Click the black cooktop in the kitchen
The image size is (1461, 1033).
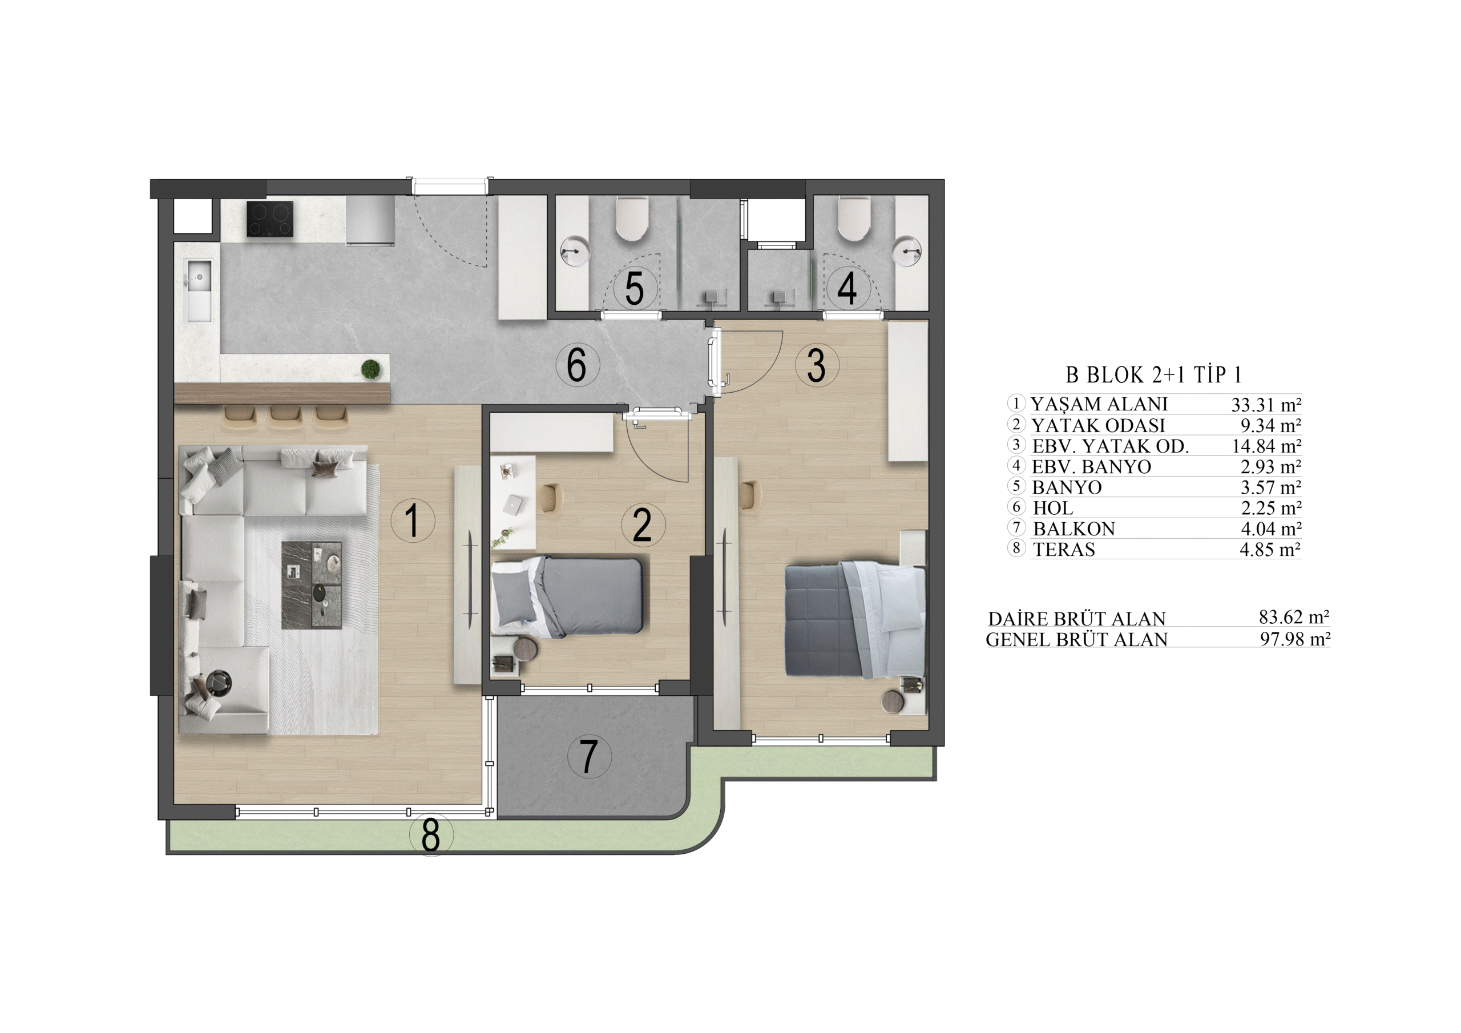point(270,219)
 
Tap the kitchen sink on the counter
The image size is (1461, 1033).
point(199,290)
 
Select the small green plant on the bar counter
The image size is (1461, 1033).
point(370,369)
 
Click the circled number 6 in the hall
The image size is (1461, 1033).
point(577,365)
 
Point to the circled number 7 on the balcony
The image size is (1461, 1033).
point(589,756)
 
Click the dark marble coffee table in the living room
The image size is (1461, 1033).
point(312,585)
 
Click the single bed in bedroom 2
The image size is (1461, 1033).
point(567,596)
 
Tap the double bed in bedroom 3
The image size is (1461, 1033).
point(854,619)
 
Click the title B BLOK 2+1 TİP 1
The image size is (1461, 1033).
point(1153,375)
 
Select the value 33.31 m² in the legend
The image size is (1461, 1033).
point(1266,405)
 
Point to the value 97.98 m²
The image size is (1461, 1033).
point(1295,639)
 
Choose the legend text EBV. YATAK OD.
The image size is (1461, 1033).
point(1111,446)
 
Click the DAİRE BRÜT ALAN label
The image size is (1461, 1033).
point(1077,619)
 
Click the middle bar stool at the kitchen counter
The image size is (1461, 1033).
point(284,415)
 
